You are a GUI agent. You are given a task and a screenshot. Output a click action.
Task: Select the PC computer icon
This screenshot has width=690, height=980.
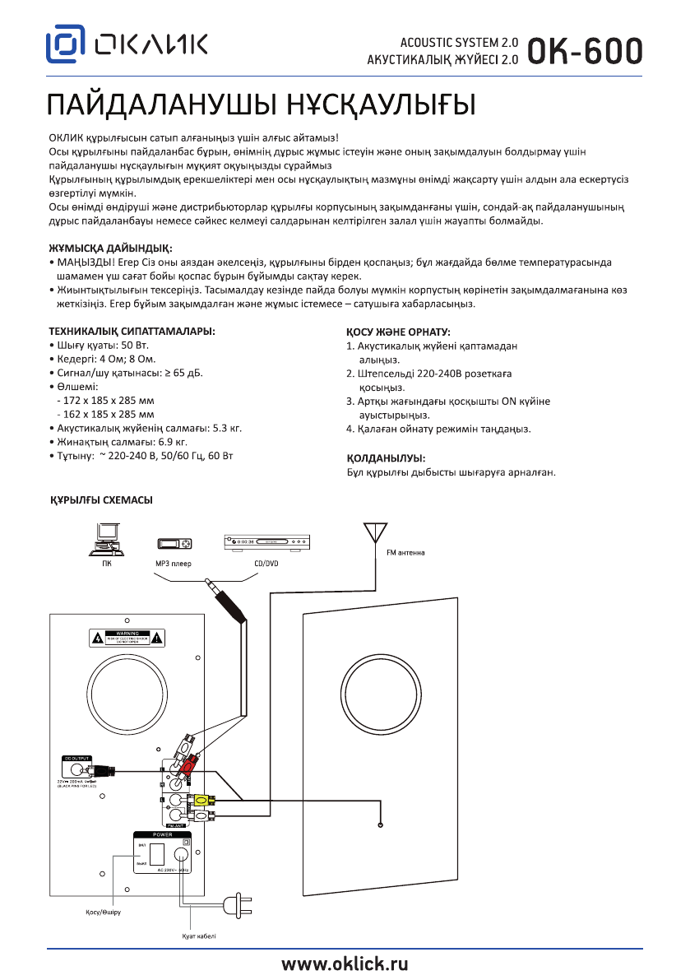click(x=107, y=541)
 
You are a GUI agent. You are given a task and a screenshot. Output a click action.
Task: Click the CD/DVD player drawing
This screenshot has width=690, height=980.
click(x=266, y=542)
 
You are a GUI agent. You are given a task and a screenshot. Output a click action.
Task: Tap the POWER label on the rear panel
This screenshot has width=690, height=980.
click(x=161, y=834)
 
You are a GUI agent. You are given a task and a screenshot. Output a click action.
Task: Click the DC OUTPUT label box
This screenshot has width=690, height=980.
click(x=75, y=758)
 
